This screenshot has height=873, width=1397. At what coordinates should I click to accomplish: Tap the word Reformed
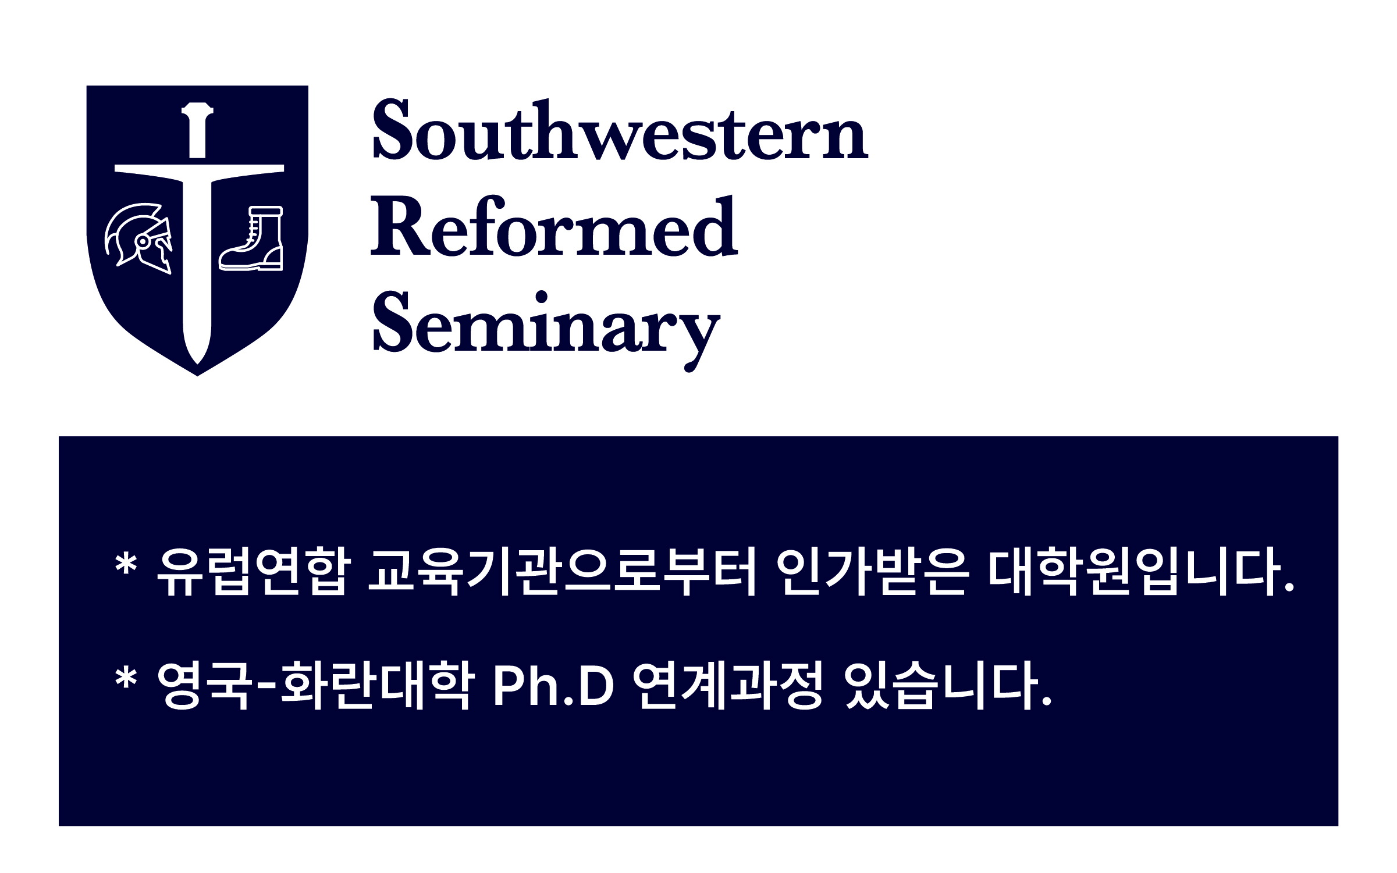[554, 226]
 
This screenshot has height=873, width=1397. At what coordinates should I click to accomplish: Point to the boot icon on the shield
[251, 238]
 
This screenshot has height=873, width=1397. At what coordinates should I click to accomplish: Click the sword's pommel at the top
[197, 108]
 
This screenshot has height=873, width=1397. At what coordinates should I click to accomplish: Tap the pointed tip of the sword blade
[198, 364]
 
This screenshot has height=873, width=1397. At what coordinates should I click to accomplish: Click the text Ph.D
[554, 686]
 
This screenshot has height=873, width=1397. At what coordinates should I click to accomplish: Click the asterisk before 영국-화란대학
[126, 678]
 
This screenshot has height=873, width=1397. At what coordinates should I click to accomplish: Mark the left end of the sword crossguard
[115, 169]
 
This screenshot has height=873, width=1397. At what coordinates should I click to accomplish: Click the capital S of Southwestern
[388, 129]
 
